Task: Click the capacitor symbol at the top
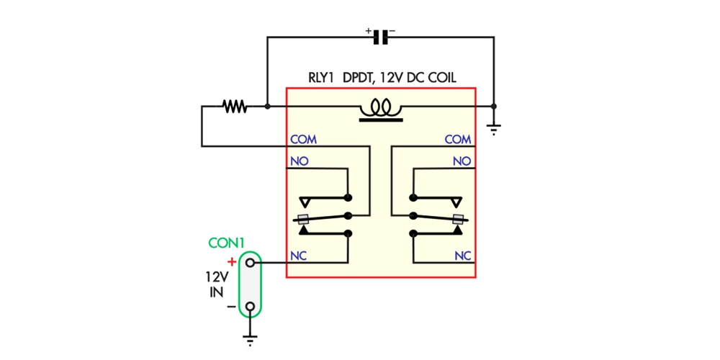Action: pyautogui.click(x=381, y=37)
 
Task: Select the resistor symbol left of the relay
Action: pyautogui.click(x=235, y=107)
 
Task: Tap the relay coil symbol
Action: pyautogui.click(x=380, y=109)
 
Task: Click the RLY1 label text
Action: pyautogui.click(x=322, y=78)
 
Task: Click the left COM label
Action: pyautogui.click(x=303, y=139)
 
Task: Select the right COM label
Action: pyautogui.click(x=458, y=139)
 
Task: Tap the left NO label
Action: pyautogui.click(x=299, y=161)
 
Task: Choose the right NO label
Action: pyautogui.click(x=462, y=161)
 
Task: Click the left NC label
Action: pyautogui.click(x=299, y=256)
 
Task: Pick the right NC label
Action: pyautogui.click(x=462, y=256)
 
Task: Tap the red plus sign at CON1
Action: pyautogui.click(x=231, y=262)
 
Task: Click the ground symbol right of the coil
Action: pyautogui.click(x=494, y=129)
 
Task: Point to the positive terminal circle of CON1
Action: pyautogui.click(x=250, y=263)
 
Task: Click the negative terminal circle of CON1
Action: pyautogui.click(x=250, y=307)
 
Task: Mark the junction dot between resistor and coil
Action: pyautogui.click(x=267, y=107)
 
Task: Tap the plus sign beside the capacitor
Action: pyautogui.click(x=369, y=31)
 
